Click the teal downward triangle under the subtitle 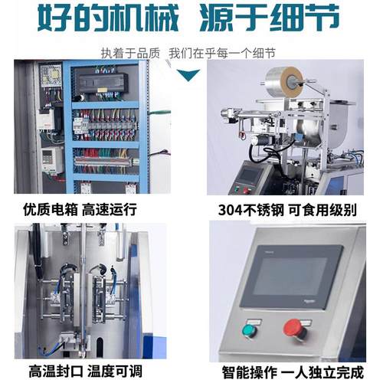click(188, 74)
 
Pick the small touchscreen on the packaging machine click(248, 175)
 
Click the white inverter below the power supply click(51, 156)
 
